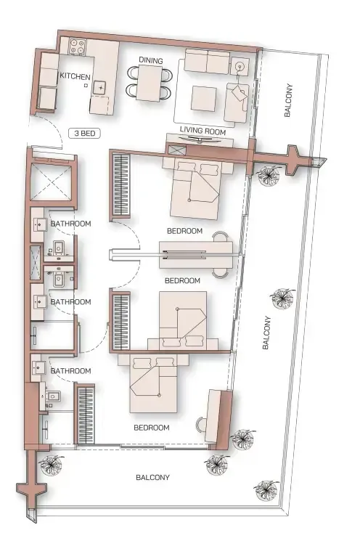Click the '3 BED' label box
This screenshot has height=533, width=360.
pyautogui.click(x=85, y=134)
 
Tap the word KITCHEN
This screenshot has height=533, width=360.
pyautogui.click(x=75, y=76)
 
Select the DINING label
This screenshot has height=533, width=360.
pyautogui.click(x=151, y=61)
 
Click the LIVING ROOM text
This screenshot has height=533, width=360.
pyautogui.click(x=202, y=132)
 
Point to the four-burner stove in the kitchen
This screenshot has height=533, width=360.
pyautogui.click(x=78, y=49)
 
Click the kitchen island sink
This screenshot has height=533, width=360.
pyautogui.click(x=99, y=88)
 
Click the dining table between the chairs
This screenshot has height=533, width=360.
pyautogui.click(x=151, y=81)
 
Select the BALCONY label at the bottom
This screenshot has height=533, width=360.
pyautogui.click(x=152, y=477)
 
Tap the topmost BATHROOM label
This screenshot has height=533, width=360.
pyautogui.click(x=70, y=224)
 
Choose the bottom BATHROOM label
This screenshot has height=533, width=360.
pyautogui.click(x=70, y=371)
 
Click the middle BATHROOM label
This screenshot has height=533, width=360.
pyautogui.click(x=70, y=301)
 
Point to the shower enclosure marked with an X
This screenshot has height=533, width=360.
pyautogui.click(x=52, y=182)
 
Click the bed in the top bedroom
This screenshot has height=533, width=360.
pyautogui.click(x=194, y=189)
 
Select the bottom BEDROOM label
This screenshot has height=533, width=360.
pyautogui.click(x=152, y=428)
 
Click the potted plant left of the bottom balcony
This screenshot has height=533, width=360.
pyautogui.click(x=51, y=463)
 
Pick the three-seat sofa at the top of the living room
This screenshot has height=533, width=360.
pyautogui.click(x=207, y=60)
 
